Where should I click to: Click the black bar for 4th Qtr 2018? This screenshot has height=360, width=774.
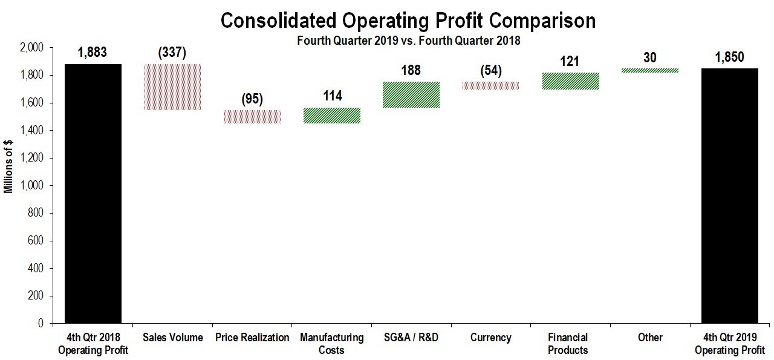[93, 194]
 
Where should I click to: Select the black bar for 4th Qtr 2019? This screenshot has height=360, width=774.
[729, 196]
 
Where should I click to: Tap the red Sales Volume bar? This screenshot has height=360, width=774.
[172, 87]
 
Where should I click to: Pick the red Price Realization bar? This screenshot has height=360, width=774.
[252, 117]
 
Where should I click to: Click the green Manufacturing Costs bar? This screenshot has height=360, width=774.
[331, 116]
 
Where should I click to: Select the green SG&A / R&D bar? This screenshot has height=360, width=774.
[411, 94]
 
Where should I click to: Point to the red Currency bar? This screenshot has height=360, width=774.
[490, 86]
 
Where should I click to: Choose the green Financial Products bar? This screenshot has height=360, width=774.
[570, 81]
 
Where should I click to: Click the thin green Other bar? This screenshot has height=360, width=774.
[649, 70]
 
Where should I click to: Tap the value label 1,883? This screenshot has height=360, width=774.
[93, 53]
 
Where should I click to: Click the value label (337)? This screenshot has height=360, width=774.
[172, 53]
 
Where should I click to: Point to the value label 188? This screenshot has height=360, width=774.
[411, 71]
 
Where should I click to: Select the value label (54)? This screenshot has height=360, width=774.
[490, 71]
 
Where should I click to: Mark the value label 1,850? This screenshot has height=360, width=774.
[729, 57]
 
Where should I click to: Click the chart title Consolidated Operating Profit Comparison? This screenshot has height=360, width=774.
[408, 21]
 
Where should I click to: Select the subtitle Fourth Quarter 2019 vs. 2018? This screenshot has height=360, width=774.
[408, 41]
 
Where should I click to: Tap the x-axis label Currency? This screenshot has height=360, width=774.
[490, 338]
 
